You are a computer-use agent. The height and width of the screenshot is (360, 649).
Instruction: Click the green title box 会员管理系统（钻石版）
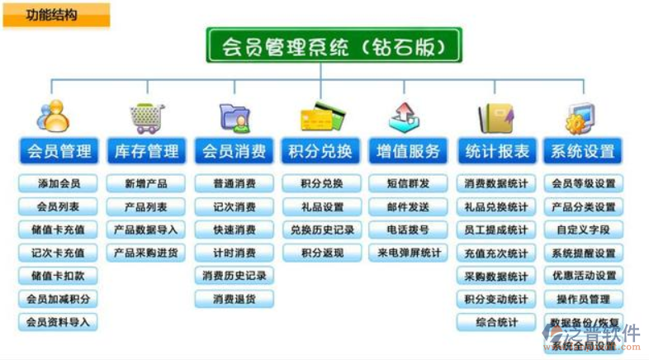[x=333, y=45]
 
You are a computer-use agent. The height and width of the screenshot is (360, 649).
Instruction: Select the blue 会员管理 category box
[x=58, y=151]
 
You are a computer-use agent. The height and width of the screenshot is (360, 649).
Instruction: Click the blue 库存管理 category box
[x=146, y=151]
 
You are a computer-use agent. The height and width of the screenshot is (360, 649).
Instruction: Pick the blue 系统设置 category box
[x=583, y=151]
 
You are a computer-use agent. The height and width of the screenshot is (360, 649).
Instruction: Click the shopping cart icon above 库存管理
[x=146, y=117]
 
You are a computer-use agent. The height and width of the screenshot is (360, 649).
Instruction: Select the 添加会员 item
[x=58, y=183]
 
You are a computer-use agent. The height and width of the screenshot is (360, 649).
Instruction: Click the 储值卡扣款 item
[x=58, y=276]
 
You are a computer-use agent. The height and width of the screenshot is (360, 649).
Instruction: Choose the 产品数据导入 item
[x=146, y=230]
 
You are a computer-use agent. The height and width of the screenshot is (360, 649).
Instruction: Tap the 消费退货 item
[x=234, y=299]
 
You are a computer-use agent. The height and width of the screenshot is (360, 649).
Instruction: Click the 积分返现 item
[x=322, y=253]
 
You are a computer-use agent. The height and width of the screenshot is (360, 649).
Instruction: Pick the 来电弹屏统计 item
[x=409, y=253]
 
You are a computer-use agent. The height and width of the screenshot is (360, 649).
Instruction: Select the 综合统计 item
[x=495, y=322]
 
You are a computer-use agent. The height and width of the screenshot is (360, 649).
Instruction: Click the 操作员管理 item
[x=583, y=299]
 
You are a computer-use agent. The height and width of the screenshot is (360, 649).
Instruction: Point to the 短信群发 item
[x=409, y=183]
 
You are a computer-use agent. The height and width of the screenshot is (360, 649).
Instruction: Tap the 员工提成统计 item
[x=495, y=230]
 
